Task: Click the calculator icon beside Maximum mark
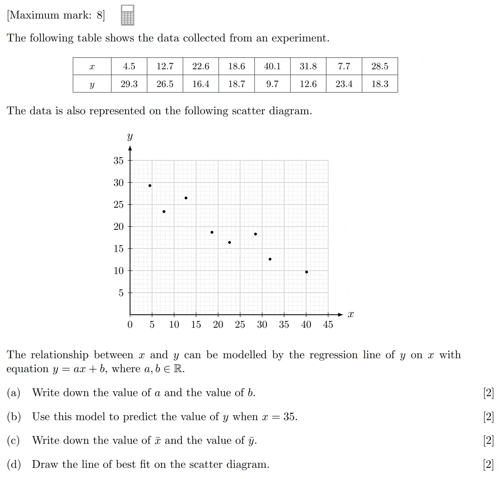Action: click(x=127, y=15)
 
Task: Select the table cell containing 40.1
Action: click(x=272, y=66)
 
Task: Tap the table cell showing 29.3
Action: click(x=129, y=84)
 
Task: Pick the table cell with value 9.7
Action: click(x=272, y=84)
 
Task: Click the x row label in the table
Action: click(x=92, y=66)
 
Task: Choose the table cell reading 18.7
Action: click(x=236, y=84)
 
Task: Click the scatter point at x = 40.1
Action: click(x=307, y=272)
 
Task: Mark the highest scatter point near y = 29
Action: click(x=150, y=186)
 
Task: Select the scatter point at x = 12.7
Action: click(x=186, y=198)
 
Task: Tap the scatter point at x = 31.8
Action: click(x=270, y=259)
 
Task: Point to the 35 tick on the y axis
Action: click(x=118, y=161)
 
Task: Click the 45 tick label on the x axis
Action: click(x=328, y=324)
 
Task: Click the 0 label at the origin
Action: click(x=130, y=324)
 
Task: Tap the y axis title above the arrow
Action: click(x=130, y=137)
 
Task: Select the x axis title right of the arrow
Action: click(x=351, y=314)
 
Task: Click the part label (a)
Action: click(x=13, y=393)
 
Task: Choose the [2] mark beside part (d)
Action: click(x=488, y=464)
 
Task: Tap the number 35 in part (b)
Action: click(x=290, y=417)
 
